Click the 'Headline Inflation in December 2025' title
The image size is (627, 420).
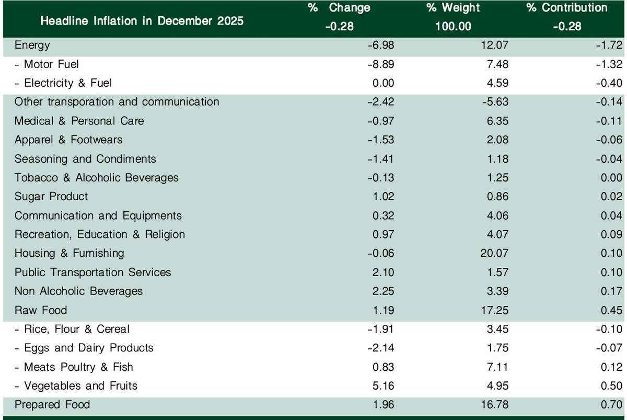click(142, 21)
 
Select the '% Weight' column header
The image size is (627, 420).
click(453, 8)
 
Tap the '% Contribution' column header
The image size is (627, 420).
click(567, 8)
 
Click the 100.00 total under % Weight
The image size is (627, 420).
click(453, 26)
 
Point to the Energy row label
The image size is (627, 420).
click(32, 45)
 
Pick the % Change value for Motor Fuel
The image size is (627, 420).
click(381, 64)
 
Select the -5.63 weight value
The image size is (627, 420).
click(494, 102)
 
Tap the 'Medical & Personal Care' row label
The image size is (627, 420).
click(79, 121)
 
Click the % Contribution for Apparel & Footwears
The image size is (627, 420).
click(609, 140)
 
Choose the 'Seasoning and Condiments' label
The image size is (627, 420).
click(85, 158)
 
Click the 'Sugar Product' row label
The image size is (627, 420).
click(51, 197)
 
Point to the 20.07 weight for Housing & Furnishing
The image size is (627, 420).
click(494, 253)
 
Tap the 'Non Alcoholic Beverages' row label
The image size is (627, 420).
click(78, 291)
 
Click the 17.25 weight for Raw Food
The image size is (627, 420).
click(494, 310)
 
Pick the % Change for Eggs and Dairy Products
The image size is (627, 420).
click(381, 348)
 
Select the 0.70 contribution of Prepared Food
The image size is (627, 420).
click(611, 405)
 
